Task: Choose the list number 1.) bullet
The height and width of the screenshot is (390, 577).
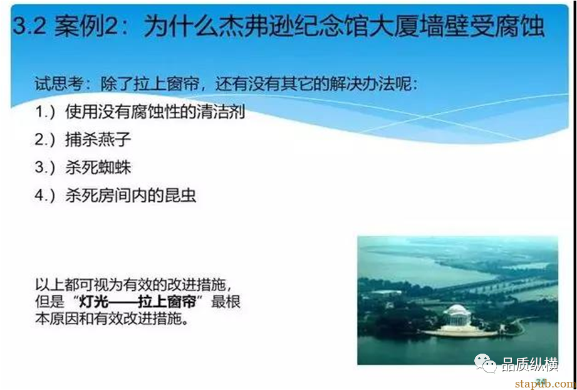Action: coord(45,113)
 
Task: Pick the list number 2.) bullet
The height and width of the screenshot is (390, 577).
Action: coord(45,140)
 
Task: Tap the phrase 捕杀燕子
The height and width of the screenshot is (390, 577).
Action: coord(98,140)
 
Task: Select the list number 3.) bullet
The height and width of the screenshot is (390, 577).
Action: coord(45,167)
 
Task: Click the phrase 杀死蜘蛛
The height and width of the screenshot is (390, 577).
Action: coord(98,167)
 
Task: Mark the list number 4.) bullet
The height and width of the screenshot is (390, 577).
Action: coord(45,195)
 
